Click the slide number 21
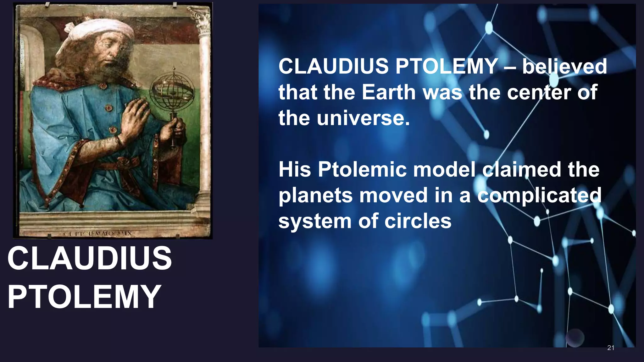[x=611, y=348]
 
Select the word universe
[x=363, y=118]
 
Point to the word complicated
[x=539, y=195]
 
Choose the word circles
[x=418, y=221]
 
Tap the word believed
[x=564, y=67]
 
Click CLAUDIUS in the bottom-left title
[x=90, y=258]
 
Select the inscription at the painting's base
[x=99, y=234]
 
